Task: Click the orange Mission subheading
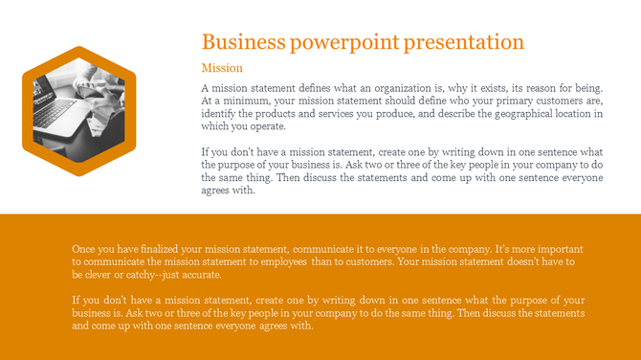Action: pos(222,68)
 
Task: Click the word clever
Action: pos(105,274)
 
